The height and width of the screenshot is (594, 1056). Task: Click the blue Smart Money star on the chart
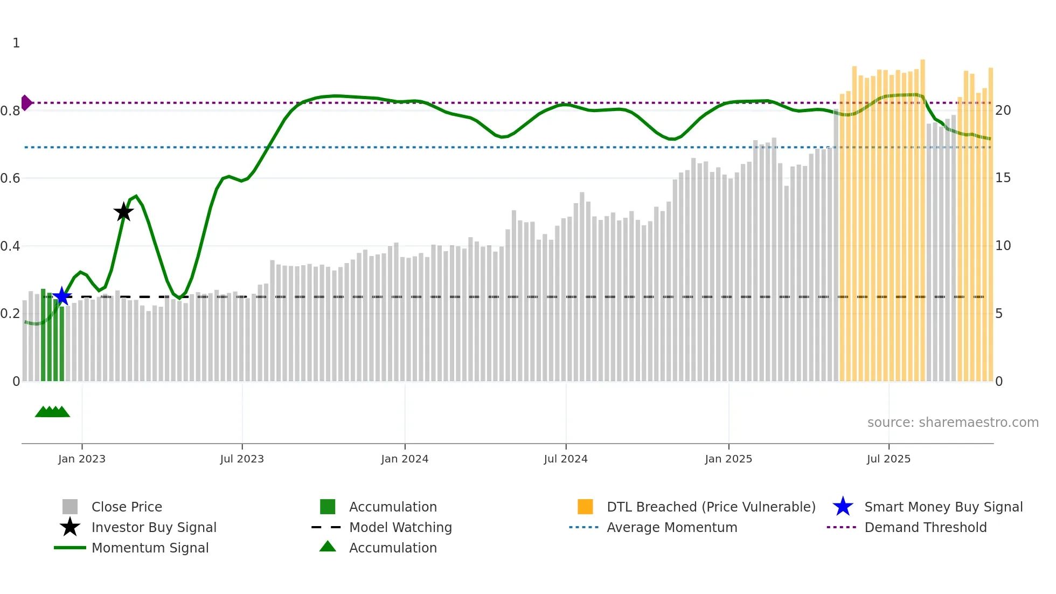[62, 296]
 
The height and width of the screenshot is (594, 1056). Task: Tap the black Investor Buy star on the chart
[123, 212]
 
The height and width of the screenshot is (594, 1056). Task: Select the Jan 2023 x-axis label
[82, 459]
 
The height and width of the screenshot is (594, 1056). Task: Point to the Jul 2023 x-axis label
[242, 459]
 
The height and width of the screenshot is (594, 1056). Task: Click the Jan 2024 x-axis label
[405, 459]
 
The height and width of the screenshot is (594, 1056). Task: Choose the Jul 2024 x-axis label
[566, 459]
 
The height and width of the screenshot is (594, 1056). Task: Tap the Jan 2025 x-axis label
[728, 459]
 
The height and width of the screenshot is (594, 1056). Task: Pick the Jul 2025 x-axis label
[888, 459]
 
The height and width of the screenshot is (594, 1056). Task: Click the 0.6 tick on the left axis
[11, 178]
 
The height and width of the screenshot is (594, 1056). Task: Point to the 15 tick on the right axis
[1003, 178]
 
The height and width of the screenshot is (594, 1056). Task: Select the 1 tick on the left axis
[16, 43]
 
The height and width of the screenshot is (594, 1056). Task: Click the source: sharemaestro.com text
[953, 423]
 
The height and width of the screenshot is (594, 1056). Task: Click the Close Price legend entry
[127, 507]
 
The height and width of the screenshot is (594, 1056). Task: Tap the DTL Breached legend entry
[711, 507]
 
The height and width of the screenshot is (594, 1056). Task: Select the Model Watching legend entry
[400, 527]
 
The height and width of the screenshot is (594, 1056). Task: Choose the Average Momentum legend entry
[672, 527]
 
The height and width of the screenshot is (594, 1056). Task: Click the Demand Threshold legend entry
[925, 527]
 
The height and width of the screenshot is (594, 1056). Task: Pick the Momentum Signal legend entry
[150, 548]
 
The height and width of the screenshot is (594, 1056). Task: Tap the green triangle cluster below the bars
[52, 412]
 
